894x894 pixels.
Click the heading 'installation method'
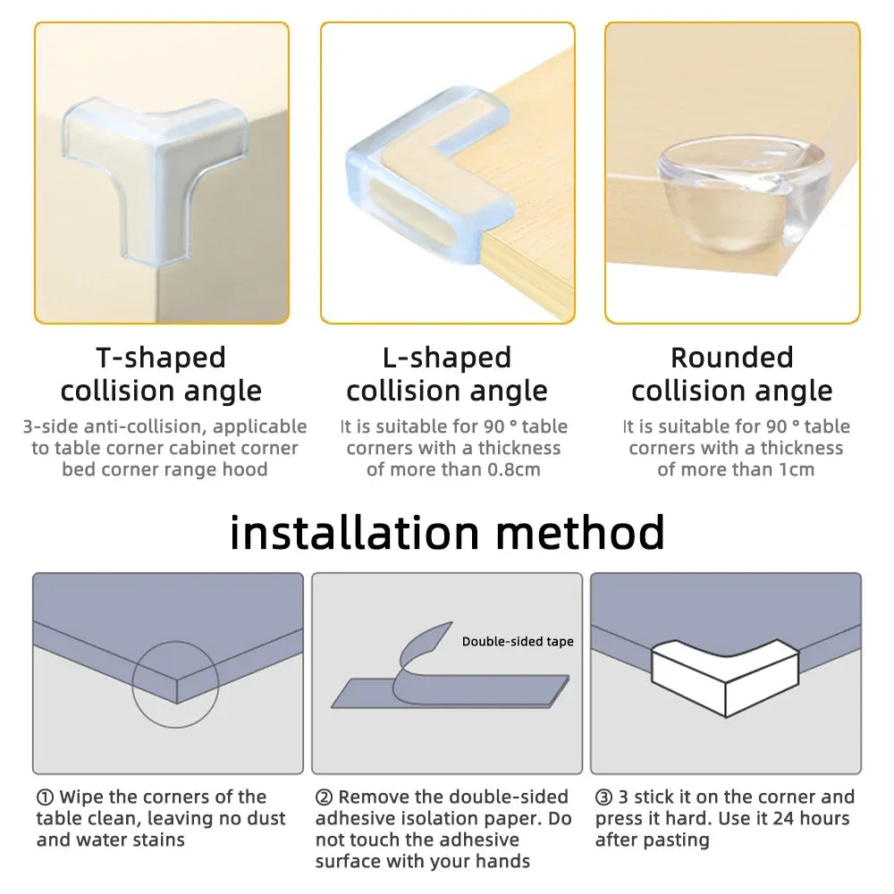(x=447, y=532)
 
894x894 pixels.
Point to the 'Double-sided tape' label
(x=518, y=642)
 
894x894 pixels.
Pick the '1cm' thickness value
(x=794, y=470)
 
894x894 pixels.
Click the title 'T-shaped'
(x=161, y=358)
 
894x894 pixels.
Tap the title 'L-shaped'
(x=446, y=358)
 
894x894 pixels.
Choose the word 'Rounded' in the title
(x=731, y=358)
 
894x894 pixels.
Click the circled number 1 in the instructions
(x=45, y=797)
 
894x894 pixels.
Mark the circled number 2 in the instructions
(x=324, y=797)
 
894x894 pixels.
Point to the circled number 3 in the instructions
(x=603, y=797)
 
